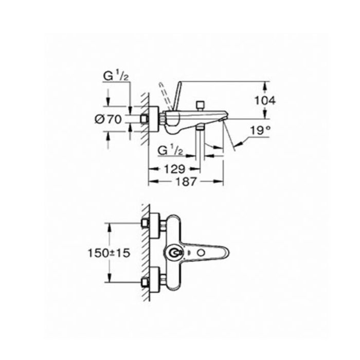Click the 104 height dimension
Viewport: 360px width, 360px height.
265,101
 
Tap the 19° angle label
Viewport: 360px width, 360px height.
260,131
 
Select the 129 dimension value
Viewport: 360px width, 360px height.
174,169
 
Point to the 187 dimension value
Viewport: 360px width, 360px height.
186,182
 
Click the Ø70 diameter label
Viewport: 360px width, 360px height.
108,119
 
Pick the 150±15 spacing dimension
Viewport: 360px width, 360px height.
109,253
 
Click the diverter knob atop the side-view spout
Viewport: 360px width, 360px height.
201,105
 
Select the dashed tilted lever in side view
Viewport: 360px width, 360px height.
165,97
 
